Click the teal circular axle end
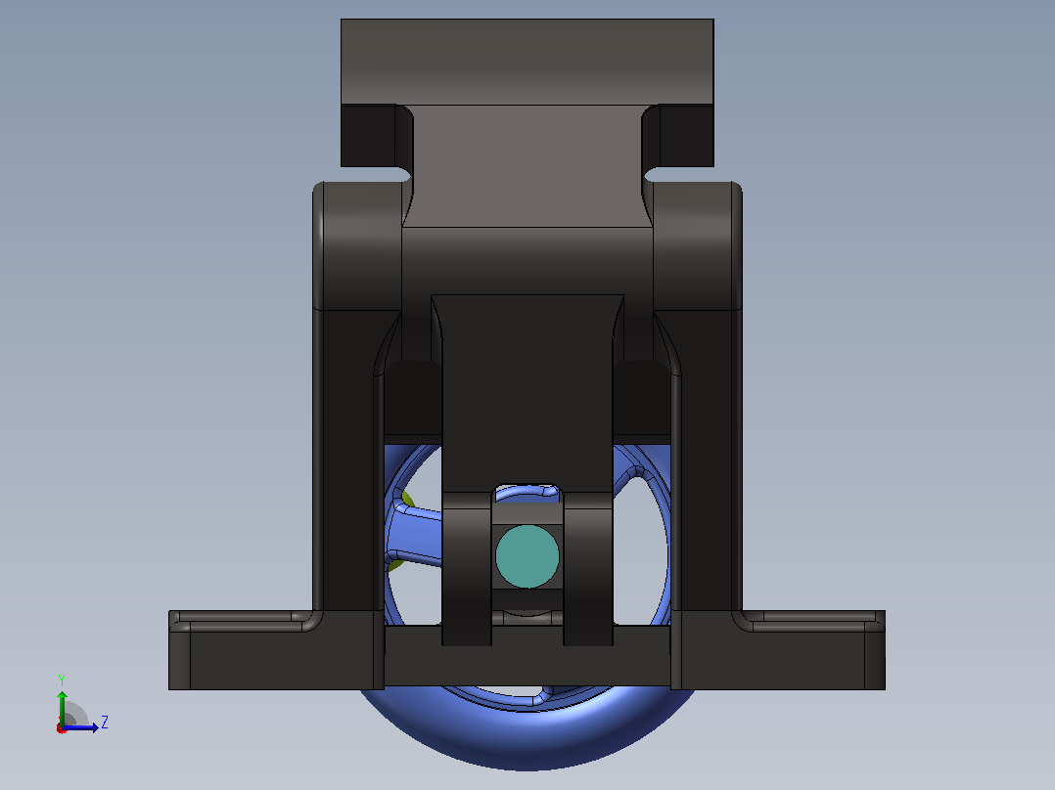pyautogui.click(x=527, y=556)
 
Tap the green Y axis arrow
pyautogui.click(x=62, y=708)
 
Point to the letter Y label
pyautogui.click(x=62, y=680)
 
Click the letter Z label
pyautogui.click(x=105, y=723)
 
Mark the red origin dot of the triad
pyautogui.click(x=62, y=728)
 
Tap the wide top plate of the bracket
pyautogui.click(x=527, y=62)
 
